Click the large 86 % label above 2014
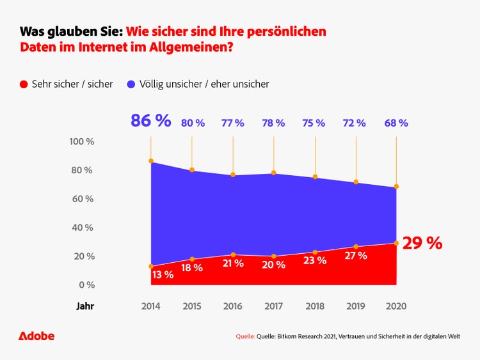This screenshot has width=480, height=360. tap(151, 121)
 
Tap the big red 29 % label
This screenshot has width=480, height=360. tap(422, 243)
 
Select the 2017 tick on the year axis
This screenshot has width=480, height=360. tap(274, 306)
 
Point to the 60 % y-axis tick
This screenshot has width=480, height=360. tap(82, 199)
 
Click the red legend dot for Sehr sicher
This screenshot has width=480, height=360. tap(24, 84)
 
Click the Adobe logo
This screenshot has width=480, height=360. tap(36, 336)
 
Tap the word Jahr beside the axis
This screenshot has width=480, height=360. tap(85, 306)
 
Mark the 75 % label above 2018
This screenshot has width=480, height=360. tap(314, 123)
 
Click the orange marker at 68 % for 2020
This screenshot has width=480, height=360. tap(396, 187)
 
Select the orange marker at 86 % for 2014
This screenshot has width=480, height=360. tap(151, 160)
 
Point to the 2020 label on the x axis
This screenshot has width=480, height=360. tap(396, 306)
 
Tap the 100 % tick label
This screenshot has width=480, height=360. tap(82, 141)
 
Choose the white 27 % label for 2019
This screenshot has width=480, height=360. tap(355, 256)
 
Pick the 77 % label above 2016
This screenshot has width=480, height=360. tap(233, 123)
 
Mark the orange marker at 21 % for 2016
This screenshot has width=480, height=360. tap(233, 254)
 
